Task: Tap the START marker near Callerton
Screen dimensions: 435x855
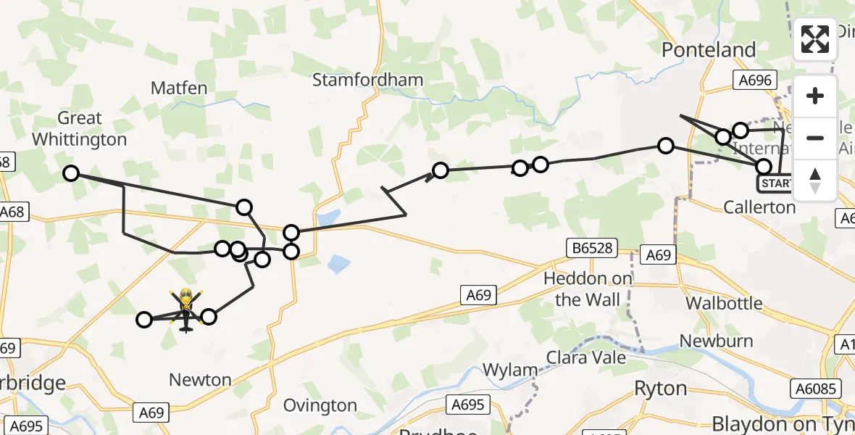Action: coord(775,183)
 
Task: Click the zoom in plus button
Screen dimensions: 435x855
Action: coord(815,96)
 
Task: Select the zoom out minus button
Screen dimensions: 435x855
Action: coord(815,138)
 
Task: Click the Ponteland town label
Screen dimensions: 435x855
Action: coord(709,50)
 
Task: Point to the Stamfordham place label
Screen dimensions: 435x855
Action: coord(367,80)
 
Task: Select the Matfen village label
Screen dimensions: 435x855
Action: coord(179,88)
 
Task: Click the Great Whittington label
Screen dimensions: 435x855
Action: coord(80,128)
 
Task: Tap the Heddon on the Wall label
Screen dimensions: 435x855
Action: coord(588,289)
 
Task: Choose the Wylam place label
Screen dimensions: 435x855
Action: coord(510,370)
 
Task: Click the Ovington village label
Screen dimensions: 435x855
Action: coord(320,405)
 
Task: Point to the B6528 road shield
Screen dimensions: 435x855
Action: coord(591,249)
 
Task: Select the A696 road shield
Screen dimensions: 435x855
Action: coord(754,80)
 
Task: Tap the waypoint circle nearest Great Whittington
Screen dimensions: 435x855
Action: coord(70,173)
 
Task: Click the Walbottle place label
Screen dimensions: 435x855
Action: coord(724,302)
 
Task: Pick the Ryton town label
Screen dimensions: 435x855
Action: coord(660,388)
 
